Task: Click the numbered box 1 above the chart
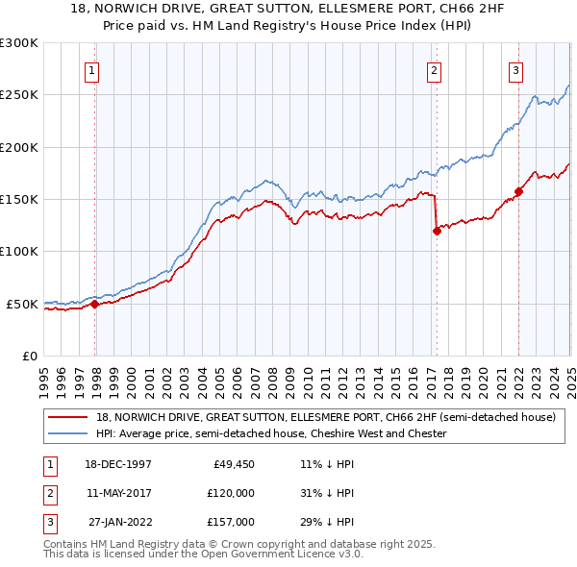point(92,69)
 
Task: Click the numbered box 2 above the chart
point(435,69)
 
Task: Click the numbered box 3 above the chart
point(516,69)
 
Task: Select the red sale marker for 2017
point(437,231)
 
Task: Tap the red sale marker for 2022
point(518,191)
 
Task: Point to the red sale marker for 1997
point(95,304)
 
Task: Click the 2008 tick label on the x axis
point(273,377)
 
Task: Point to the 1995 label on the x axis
point(44,377)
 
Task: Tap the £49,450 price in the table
point(233,463)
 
